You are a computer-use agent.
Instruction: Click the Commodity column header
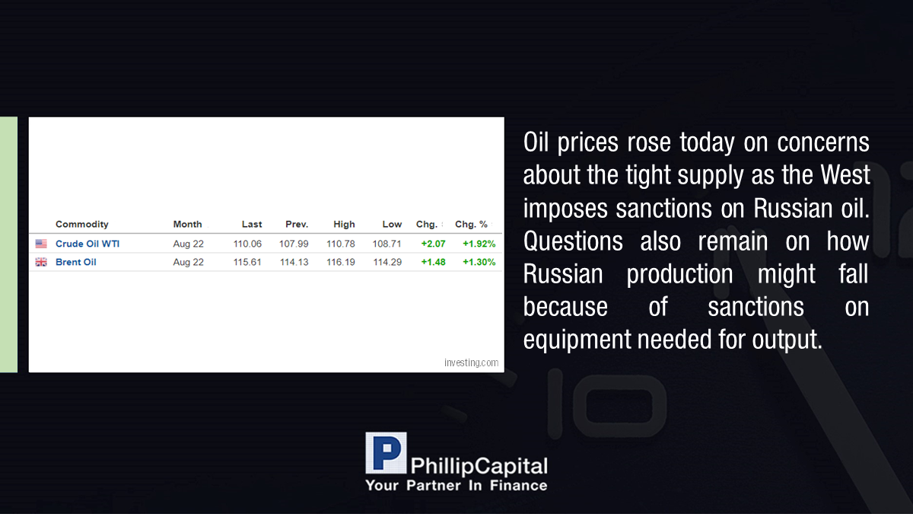point(82,225)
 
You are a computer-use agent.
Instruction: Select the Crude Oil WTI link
point(87,244)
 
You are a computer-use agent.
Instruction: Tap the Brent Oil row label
point(76,262)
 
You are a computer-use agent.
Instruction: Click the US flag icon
point(41,244)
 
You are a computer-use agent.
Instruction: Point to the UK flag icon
point(41,262)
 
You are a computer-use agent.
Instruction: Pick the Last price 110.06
point(247,244)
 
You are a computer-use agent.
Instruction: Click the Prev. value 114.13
point(294,262)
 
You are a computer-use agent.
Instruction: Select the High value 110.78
point(341,244)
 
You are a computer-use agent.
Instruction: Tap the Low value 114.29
point(387,262)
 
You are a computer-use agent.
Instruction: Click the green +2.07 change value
point(433,244)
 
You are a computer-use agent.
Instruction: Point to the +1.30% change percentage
point(479,262)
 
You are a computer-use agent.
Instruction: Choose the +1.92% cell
point(479,244)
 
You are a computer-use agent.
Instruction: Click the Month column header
point(187,225)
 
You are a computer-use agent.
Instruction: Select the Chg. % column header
point(471,225)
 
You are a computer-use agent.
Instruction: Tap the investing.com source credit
point(471,362)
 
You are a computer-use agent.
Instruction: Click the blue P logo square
point(386,453)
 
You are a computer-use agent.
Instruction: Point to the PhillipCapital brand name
point(479,467)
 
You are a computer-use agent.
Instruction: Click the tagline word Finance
point(518,486)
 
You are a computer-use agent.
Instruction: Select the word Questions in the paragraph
point(573,241)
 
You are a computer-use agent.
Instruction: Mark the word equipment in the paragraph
point(577,340)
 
